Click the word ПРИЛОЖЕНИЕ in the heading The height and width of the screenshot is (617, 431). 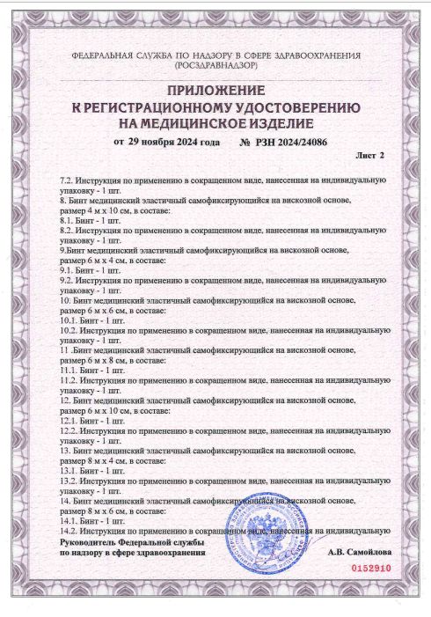click(x=215, y=92)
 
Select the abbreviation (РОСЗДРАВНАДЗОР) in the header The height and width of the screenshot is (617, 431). click(x=215, y=66)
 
